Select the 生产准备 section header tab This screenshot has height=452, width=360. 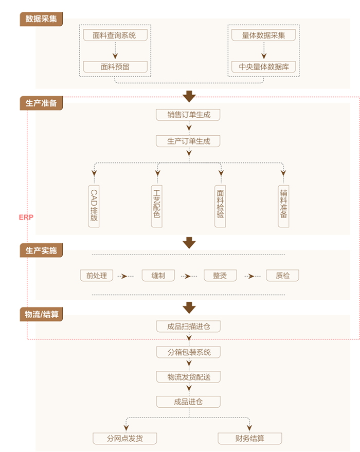[41, 102]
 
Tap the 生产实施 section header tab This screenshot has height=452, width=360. [41, 251]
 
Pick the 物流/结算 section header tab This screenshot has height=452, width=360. [41, 315]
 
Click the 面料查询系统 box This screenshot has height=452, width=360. [115, 35]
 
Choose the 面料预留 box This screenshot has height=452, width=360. [115, 66]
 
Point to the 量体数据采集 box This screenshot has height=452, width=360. [263, 35]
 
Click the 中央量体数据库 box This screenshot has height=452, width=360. [263, 66]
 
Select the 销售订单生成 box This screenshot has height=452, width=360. [189, 115]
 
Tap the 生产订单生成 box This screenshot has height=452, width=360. [189, 141]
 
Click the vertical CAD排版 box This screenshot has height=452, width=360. [94, 206]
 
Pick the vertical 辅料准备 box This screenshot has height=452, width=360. [283, 206]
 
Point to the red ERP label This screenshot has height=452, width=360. [26, 218]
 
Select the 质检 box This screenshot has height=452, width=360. [282, 276]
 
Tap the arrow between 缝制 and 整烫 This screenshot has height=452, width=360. [189, 276]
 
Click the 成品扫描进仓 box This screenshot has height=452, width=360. [189, 326]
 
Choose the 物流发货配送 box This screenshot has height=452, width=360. [189, 377]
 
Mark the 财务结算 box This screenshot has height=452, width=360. [250, 439]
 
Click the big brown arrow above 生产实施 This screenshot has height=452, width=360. [189, 242]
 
